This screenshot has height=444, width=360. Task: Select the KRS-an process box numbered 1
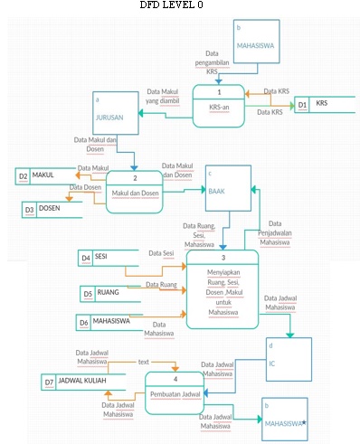point(218,105)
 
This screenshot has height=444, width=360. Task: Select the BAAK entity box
point(226,185)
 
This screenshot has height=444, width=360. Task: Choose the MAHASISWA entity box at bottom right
point(286,418)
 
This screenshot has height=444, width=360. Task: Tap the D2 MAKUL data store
point(43,175)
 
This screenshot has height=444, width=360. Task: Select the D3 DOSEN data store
point(50,209)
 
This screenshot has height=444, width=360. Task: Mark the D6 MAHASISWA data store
point(113,321)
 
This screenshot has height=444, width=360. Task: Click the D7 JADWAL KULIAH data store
point(77,382)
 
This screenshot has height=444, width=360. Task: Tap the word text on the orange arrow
point(143,362)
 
